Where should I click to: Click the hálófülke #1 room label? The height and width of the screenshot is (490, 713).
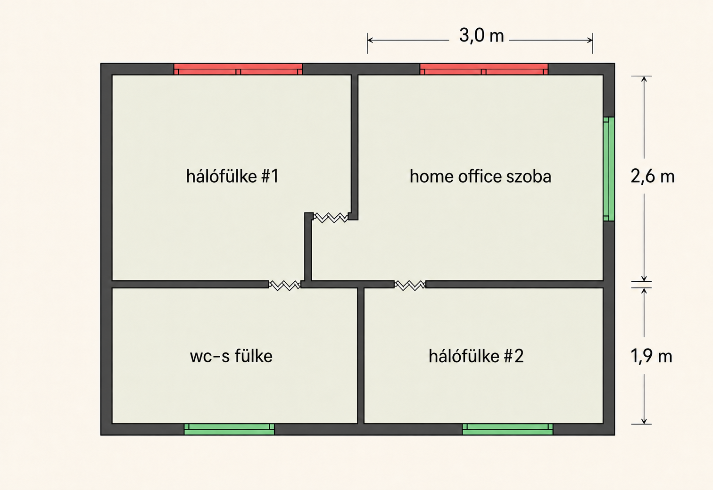coord(232,176)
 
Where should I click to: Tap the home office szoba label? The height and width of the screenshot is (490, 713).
coord(481,177)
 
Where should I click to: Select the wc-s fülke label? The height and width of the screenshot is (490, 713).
coord(231,356)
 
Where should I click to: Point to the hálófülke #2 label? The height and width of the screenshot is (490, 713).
coord(476,356)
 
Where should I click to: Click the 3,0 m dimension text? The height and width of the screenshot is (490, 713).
coord(481,35)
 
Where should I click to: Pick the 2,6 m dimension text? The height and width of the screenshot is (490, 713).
coord(653,176)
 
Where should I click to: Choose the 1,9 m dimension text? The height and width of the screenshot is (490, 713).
coord(651,356)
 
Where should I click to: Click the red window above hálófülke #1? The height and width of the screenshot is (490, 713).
coord(238,69)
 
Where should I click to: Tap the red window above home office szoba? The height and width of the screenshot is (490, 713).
coord(484,69)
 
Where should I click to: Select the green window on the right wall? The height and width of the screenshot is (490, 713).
coord(609,169)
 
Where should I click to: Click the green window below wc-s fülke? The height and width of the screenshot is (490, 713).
coord(229,429)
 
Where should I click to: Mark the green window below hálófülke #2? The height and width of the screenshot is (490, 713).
coord(508,429)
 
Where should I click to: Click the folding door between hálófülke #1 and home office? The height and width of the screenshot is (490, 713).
coord(331,218)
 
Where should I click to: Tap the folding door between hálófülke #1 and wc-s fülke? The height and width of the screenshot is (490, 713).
coord(285,285)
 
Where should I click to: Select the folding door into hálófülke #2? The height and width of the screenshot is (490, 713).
coord(410,285)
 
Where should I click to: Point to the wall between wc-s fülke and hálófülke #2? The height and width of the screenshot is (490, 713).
coord(361,356)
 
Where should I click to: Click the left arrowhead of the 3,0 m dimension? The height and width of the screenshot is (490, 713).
coord(370,40)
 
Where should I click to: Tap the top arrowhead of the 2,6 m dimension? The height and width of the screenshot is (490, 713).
coord(644,79)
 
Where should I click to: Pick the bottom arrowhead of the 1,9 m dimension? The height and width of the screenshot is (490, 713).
coord(644,421)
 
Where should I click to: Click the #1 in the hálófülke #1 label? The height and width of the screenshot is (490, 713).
coord(270,176)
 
